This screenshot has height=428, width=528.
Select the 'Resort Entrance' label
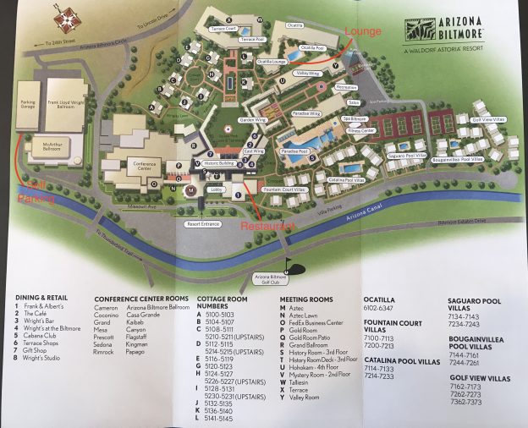[x=204, y=224]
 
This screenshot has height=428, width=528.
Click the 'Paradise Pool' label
[x=293, y=151]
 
